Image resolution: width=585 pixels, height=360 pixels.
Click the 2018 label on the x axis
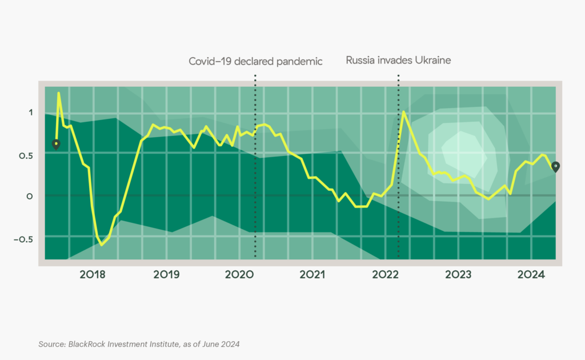coord(93,275)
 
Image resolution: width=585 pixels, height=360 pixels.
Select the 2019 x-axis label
coord(166,275)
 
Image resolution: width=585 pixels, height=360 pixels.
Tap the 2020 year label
coord(239,275)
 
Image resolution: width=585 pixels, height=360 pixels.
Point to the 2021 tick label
coord(312,275)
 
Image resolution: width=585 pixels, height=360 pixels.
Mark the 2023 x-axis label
coord(458,275)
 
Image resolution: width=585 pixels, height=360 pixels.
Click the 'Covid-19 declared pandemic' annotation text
coord(255,61)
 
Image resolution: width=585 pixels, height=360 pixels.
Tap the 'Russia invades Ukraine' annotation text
coord(398,60)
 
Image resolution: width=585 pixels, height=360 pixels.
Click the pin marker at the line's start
coord(55,144)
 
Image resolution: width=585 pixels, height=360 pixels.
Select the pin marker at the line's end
coord(555,166)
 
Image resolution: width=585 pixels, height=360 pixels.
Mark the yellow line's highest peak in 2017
coord(59,93)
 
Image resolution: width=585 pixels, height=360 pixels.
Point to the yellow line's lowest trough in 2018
coord(102,245)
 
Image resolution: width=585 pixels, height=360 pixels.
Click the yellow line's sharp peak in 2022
coord(403,112)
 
